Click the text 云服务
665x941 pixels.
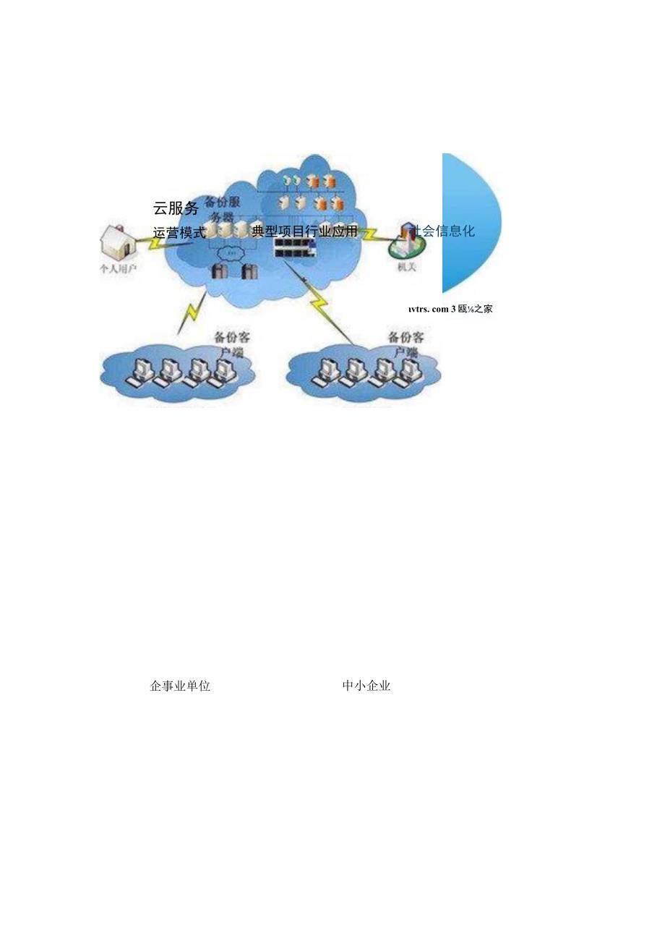point(176,208)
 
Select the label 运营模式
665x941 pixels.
point(179,233)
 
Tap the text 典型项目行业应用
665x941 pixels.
point(304,231)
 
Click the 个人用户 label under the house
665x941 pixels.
point(118,268)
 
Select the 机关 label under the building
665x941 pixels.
point(406,267)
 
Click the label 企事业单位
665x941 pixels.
point(180,686)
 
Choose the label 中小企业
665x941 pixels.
point(366,686)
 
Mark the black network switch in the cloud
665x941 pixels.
point(298,247)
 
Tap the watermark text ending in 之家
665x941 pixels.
point(450,309)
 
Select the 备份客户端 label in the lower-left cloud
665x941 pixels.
point(229,343)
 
